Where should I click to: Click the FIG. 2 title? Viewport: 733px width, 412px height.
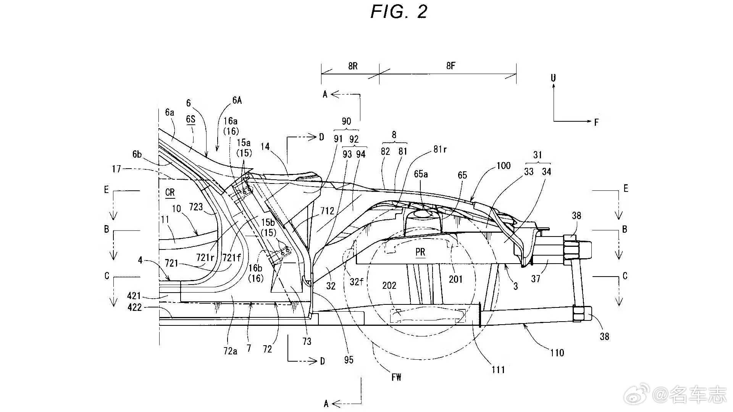coord(399,12)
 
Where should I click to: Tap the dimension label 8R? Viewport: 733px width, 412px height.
coord(353,66)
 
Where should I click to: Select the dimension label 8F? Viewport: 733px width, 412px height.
coord(450,66)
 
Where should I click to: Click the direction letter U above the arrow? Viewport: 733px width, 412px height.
coord(553,78)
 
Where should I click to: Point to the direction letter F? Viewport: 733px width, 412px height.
coord(596,122)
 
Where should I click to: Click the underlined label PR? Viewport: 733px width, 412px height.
coord(420,252)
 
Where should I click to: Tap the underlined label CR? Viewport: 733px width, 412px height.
coord(170,193)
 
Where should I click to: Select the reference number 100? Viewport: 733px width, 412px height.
coord(504,166)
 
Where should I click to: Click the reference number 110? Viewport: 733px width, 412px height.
coord(557,352)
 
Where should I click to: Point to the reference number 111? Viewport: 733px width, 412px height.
coord(498,369)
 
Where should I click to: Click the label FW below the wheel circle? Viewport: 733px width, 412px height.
coord(396,377)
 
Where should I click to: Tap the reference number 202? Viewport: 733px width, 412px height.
coord(389,286)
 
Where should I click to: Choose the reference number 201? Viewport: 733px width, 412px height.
coord(456,279)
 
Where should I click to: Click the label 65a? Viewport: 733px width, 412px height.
coord(421,174)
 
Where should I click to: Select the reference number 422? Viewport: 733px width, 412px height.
coord(134,307)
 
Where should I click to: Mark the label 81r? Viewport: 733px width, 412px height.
coord(440,150)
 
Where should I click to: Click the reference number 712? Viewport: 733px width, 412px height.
coord(327,211)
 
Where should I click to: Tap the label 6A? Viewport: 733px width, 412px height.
coord(237,100)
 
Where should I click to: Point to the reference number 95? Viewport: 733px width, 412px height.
coord(349,360)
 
